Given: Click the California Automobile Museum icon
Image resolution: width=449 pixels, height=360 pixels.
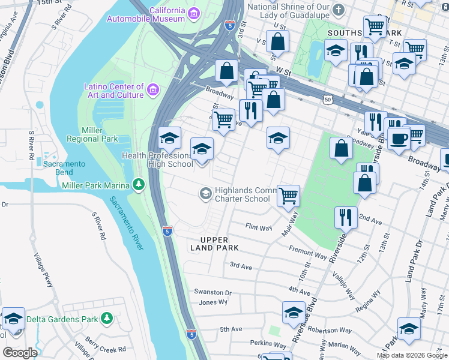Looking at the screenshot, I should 194,13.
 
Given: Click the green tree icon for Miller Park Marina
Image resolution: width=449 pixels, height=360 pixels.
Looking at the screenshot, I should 139,184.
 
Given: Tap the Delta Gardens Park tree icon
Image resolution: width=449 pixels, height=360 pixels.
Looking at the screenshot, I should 107,317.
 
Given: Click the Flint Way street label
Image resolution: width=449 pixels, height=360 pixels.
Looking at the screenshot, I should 259,227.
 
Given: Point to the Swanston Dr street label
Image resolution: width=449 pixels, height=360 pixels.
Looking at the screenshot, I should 212,292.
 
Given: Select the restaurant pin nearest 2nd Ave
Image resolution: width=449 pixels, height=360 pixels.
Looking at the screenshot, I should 345,217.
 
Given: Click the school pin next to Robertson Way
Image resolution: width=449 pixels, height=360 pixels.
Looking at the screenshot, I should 294,313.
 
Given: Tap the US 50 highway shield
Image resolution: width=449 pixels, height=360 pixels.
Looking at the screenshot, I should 327,100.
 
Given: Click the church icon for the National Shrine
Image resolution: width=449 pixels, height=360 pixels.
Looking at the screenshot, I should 339,10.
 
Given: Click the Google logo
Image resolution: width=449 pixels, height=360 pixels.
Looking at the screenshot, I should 20,352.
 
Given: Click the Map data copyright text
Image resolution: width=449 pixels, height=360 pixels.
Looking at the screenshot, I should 412,355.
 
